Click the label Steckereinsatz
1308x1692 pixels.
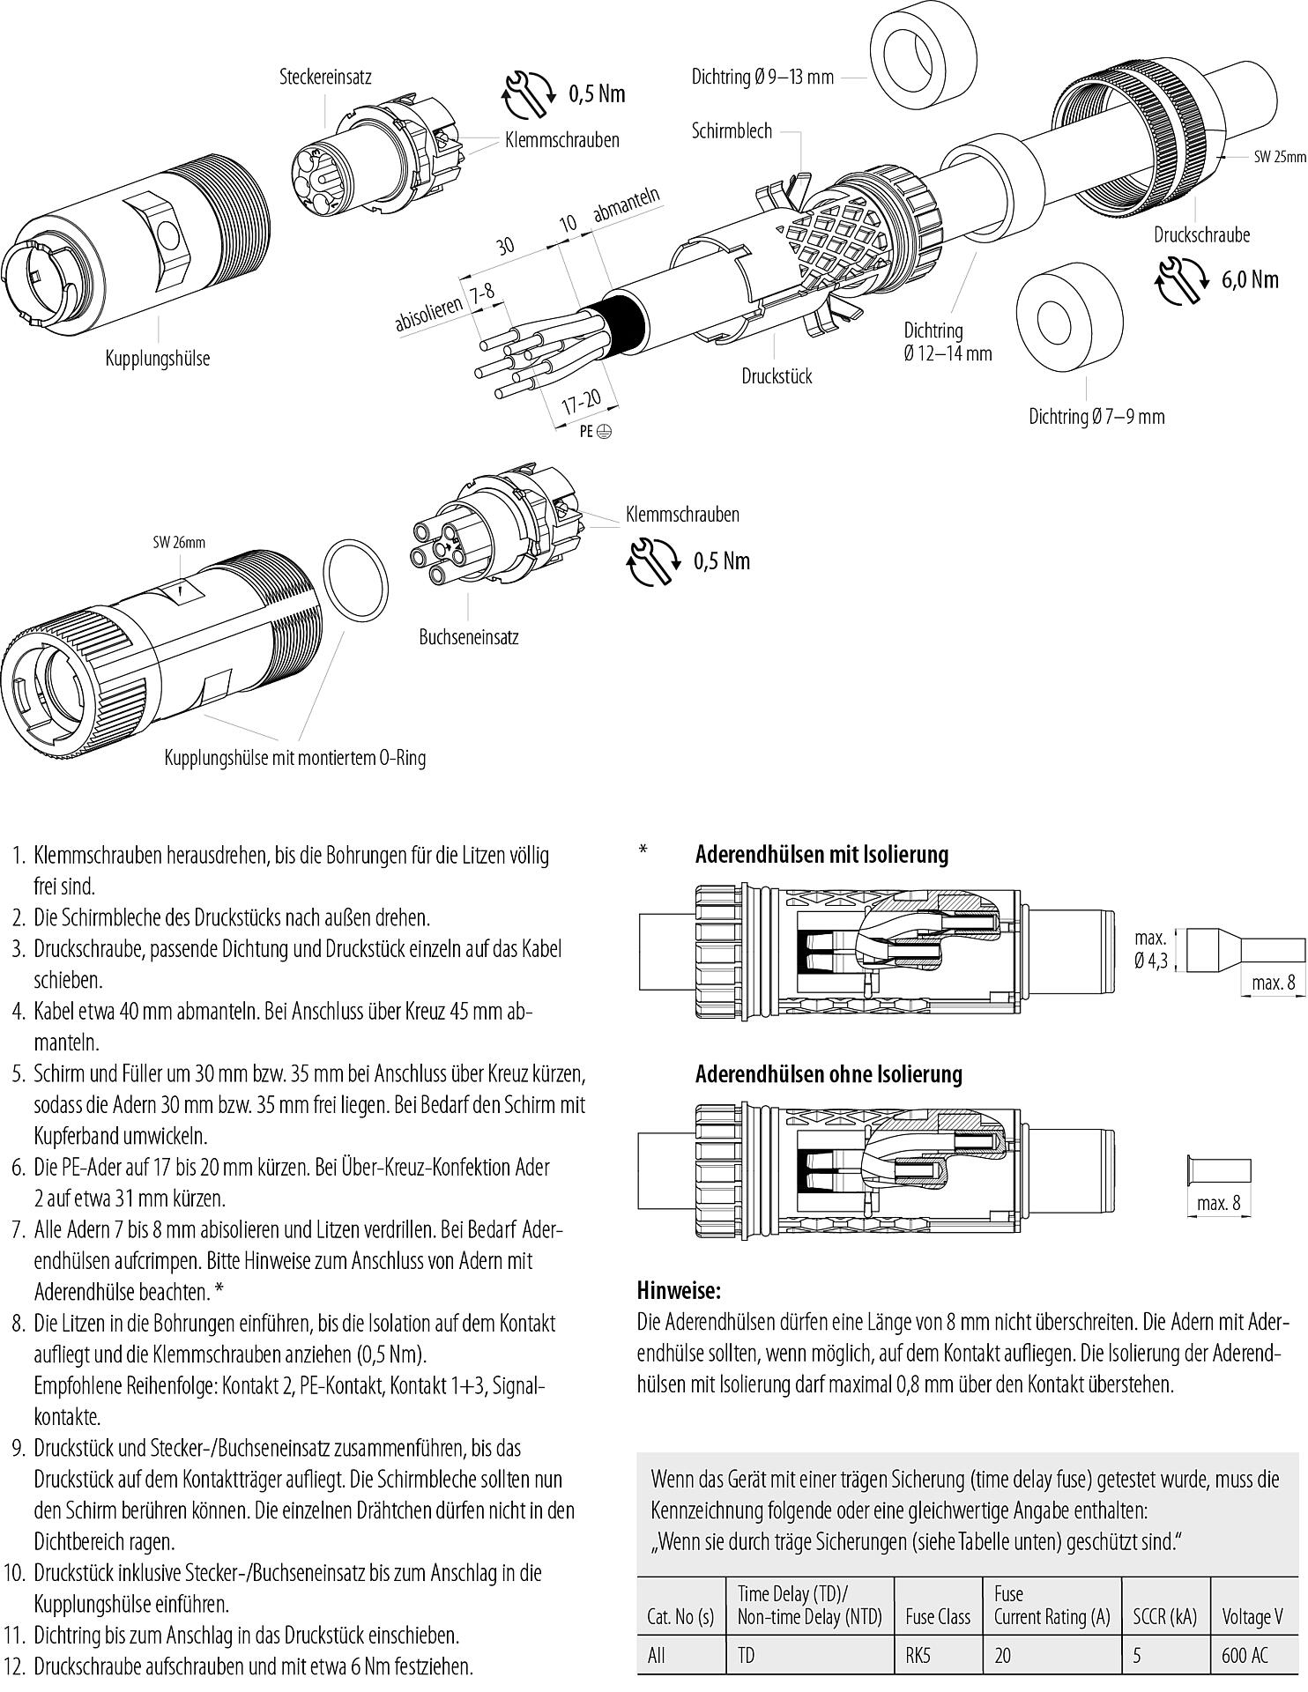click(x=325, y=77)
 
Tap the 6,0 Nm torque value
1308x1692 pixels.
click(x=1249, y=279)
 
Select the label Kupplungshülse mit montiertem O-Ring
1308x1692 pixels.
click(x=294, y=758)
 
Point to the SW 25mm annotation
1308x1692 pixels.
click(x=1280, y=157)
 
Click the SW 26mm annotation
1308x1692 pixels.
click(x=179, y=542)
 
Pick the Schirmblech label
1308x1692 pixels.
click(x=731, y=131)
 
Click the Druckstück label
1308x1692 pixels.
click(x=777, y=376)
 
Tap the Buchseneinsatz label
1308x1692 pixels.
click(x=468, y=636)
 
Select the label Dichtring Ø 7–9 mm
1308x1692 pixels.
click(x=1096, y=416)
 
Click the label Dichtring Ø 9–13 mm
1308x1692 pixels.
click(x=762, y=78)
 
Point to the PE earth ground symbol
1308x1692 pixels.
click(x=605, y=432)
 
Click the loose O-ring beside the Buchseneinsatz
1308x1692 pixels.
click(x=356, y=582)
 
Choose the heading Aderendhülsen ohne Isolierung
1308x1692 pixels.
click(x=828, y=1074)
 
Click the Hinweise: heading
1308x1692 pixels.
click(x=678, y=1292)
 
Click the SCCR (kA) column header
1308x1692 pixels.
click(x=1164, y=1617)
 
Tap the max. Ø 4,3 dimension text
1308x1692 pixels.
click(x=1151, y=949)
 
